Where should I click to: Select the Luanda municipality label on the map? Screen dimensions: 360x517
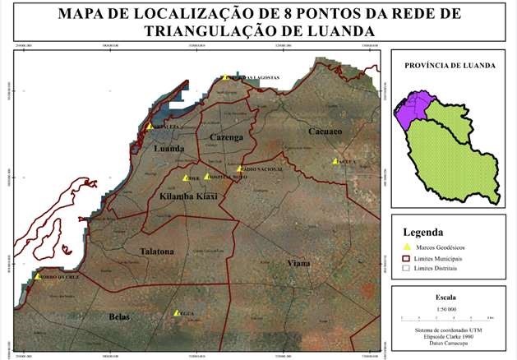[169, 149]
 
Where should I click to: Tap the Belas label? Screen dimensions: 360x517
[120, 316]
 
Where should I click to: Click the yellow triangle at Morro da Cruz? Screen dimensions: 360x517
[38, 277]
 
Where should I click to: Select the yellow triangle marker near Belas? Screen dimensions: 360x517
[177, 312]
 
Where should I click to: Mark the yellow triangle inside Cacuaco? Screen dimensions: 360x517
[335, 161]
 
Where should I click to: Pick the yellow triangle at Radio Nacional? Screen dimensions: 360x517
[239, 168]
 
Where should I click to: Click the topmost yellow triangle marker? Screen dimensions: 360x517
[224, 77]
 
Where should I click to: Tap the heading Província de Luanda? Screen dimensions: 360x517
[448, 64]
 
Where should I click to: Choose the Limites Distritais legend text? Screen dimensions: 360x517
[445, 268]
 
